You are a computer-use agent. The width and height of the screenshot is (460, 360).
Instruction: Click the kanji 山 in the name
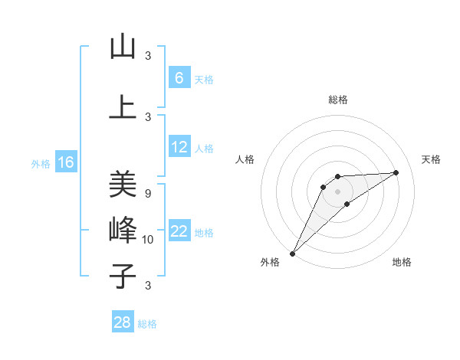123,47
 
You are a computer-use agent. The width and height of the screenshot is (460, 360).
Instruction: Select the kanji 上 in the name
123,107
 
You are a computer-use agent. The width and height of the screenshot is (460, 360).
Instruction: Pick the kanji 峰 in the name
123,230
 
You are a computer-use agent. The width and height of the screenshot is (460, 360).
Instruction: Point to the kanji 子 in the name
123,277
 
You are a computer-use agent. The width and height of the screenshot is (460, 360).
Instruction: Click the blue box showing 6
179,77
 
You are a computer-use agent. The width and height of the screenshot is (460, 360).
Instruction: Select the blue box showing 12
179,147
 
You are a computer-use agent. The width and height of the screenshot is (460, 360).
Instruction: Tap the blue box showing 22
179,231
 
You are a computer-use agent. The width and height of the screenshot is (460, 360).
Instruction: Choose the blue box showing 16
65,162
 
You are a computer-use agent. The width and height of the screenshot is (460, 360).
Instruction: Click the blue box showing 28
123,322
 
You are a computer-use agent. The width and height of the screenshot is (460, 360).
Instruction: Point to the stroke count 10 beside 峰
149,240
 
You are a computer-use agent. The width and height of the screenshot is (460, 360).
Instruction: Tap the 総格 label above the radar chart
338,100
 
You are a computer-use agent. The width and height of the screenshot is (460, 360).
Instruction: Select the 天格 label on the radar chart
432,159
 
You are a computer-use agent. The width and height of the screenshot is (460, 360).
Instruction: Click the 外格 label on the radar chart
270,262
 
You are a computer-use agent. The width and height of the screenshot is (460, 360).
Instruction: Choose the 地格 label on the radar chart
402,262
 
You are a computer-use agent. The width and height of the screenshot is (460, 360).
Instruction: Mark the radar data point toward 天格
396,172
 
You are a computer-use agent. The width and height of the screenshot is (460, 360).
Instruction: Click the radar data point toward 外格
292,253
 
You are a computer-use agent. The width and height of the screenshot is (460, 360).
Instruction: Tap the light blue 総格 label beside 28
147,324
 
